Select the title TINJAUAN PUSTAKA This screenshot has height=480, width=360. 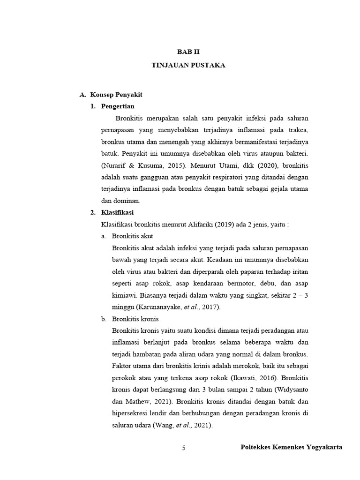[x=188, y=65]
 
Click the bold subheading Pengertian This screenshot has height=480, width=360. [x=118, y=106]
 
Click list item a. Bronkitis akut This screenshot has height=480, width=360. [x=132, y=236]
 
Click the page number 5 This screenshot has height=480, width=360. [x=184, y=448]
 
